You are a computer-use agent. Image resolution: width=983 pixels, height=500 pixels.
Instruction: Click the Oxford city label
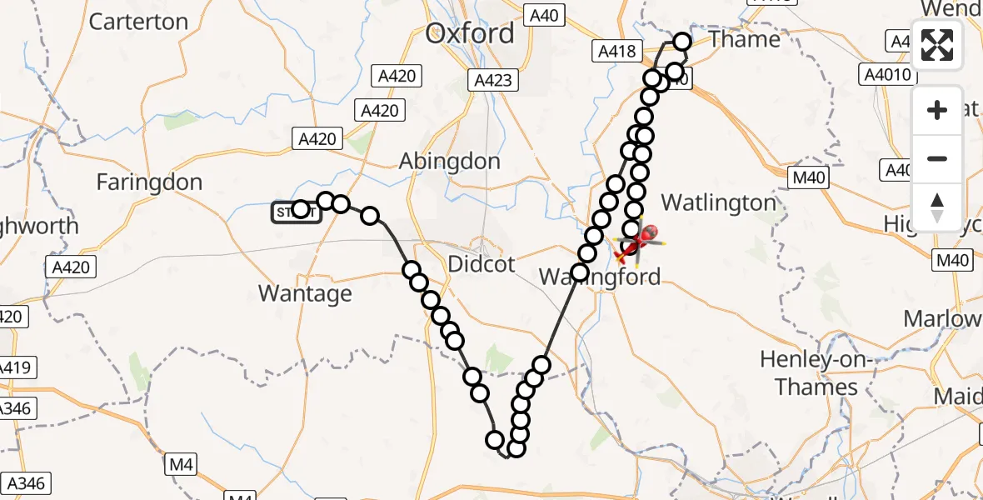470,34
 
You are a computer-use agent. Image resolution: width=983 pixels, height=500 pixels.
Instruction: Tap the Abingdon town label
450,161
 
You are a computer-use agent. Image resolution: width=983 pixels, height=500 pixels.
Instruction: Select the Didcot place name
482,264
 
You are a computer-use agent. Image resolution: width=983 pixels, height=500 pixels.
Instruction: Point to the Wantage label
305,293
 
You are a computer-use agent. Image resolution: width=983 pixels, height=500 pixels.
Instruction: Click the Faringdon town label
149,182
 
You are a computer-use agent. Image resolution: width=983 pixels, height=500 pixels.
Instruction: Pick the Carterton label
138,22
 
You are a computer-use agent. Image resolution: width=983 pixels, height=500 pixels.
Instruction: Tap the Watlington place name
718,202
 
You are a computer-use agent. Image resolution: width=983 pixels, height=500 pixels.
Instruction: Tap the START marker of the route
295,213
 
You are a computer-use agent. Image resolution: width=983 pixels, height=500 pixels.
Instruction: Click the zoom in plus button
937,110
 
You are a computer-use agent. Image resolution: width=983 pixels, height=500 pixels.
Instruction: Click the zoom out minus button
937,158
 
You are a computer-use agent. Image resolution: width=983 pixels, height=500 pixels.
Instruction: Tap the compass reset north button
937,206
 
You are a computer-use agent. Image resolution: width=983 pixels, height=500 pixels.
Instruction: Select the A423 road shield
493,80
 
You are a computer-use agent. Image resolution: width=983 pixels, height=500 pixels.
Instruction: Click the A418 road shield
616,52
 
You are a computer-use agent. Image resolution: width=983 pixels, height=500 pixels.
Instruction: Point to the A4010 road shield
886,74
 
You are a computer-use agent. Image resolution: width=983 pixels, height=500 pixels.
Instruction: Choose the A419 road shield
14,367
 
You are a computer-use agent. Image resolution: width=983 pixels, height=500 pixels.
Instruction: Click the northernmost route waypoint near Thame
682,42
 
